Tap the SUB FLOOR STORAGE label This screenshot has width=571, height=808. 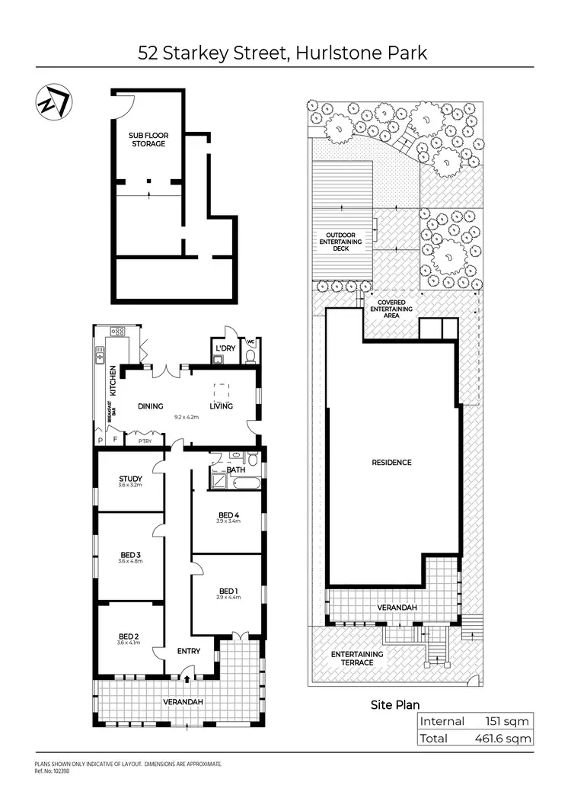[148, 139]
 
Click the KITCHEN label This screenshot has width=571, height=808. [112, 378]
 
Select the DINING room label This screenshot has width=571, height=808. [151, 406]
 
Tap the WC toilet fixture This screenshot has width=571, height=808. [252, 354]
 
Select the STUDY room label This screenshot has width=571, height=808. [129, 479]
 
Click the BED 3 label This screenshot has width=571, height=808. [129, 554]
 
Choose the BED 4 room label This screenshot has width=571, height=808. [228, 516]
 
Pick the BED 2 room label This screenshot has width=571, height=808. [129, 636]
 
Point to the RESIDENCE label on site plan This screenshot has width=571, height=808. [392, 462]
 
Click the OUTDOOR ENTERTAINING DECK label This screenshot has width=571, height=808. [340, 241]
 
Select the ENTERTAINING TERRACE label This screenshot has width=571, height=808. [357, 658]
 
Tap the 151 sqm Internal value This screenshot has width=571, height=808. [507, 721]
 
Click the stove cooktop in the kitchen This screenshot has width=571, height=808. [118, 332]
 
